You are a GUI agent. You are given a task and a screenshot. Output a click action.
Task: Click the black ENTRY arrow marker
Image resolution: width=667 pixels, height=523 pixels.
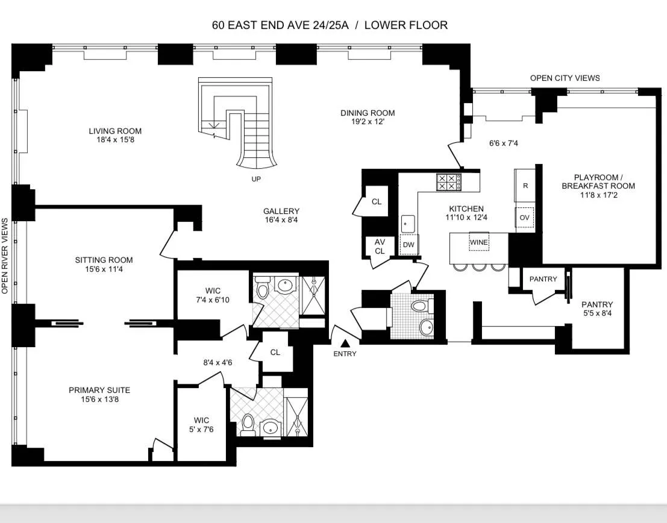pos(345,343)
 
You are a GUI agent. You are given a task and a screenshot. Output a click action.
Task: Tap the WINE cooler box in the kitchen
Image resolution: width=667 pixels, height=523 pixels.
pos(480,242)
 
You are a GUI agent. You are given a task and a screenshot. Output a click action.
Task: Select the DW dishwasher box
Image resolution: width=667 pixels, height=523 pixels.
pos(408,244)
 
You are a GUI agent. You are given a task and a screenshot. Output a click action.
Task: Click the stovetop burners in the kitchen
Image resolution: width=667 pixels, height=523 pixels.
pos(449,182)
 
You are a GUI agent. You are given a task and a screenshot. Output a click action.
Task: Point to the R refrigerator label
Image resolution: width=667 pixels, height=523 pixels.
pos(525,186)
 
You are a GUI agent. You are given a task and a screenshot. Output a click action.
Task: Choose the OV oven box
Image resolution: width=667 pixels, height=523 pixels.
pos(525,217)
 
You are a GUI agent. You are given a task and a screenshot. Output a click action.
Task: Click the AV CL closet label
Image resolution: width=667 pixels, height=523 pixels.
pos(380,246)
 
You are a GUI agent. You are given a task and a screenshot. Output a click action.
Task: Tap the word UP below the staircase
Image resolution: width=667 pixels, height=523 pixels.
pos(256,179)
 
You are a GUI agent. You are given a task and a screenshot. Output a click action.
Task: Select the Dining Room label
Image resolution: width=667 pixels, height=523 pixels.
pos(367,113)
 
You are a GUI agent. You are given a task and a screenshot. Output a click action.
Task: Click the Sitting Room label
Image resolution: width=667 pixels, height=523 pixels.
pos(104,260)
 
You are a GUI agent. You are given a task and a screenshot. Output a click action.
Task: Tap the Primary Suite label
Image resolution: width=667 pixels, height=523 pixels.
pos(99,390)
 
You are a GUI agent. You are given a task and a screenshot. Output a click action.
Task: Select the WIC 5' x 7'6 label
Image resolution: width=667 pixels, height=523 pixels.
pos(201,424)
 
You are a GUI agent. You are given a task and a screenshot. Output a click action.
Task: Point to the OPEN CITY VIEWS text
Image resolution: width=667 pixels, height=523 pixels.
pos(565,78)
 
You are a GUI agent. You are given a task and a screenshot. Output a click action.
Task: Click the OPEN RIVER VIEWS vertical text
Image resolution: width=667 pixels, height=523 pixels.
pos(5,256)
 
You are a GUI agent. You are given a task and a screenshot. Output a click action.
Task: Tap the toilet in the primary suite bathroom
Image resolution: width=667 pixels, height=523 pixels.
pos(248,427)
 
